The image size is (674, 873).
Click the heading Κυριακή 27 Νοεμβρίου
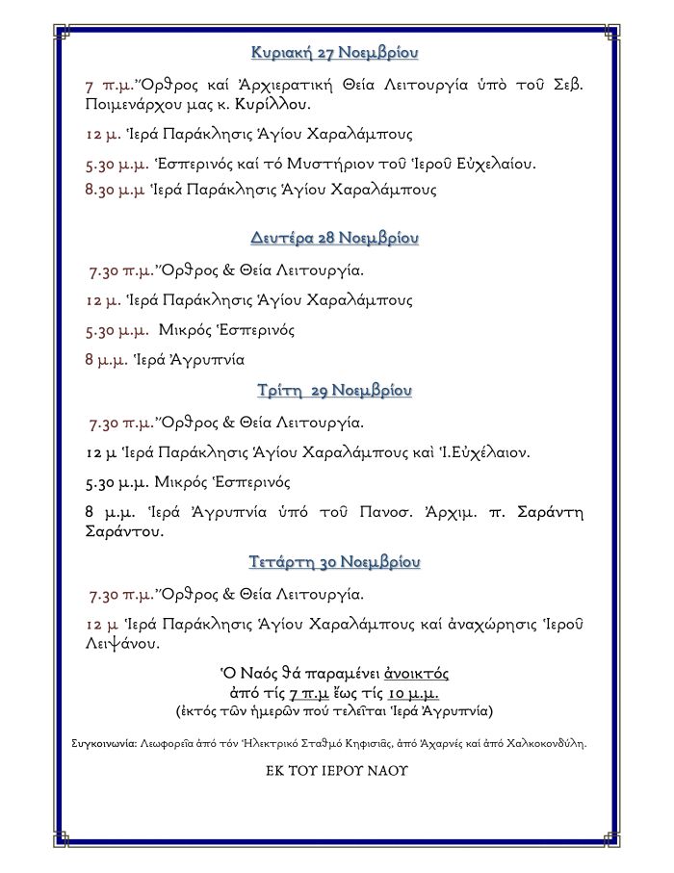[x=335, y=51]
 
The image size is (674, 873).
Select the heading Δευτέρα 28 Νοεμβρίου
[x=335, y=237]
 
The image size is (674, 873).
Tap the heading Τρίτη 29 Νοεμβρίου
[x=335, y=391]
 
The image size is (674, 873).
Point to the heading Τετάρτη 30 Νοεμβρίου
[x=335, y=561]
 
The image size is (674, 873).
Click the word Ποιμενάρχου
[x=141, y=104]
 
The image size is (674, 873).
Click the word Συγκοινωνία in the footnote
[x=104, y=743]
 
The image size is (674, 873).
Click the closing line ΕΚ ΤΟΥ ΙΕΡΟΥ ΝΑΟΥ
[x=336, y=771]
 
